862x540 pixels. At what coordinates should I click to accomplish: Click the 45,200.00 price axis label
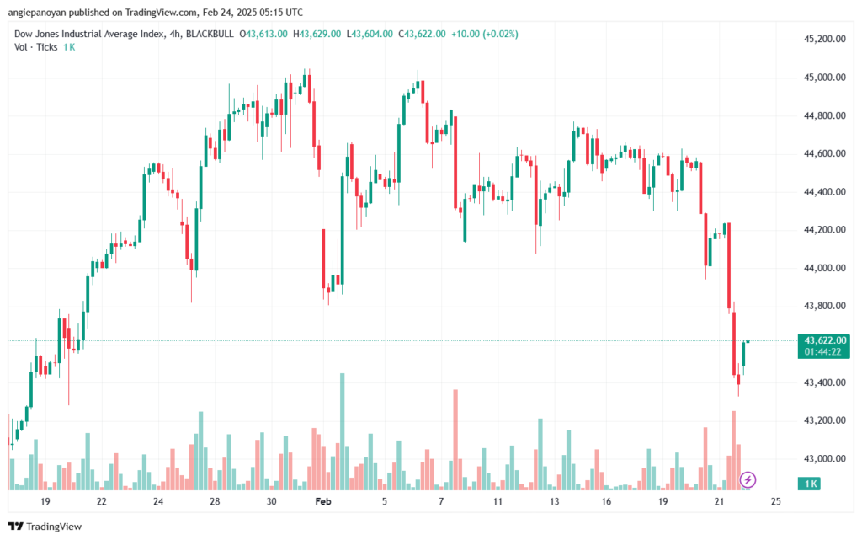click(825, 39)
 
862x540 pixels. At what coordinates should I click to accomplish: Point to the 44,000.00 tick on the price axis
click(825, 268)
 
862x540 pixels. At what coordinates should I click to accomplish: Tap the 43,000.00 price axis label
click(825, 458)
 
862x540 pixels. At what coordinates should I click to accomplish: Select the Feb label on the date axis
click(323, 501)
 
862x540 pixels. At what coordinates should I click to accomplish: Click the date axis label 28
click(215, 501)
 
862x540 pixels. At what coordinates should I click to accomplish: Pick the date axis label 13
click(554, 501)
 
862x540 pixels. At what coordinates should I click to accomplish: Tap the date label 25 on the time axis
click(775, 501)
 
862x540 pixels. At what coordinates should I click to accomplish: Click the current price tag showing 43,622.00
click(825, 341)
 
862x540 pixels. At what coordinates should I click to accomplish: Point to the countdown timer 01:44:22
click(823, 352)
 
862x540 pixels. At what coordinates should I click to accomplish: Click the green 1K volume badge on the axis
click(809, 484)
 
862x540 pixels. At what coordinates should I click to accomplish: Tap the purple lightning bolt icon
click(748, 480)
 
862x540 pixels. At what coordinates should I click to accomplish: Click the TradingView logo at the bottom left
click(45, 527)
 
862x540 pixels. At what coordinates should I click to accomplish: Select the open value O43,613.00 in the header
click(263, 34)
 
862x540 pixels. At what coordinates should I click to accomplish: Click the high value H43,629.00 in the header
click(317, 34)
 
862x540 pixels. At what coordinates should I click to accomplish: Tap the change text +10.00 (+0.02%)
click(484, 34)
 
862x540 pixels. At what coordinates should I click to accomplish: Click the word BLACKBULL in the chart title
click(210, 34)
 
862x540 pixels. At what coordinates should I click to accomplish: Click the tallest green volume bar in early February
click(343, 431)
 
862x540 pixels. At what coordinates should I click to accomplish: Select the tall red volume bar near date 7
click(455, 440)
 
